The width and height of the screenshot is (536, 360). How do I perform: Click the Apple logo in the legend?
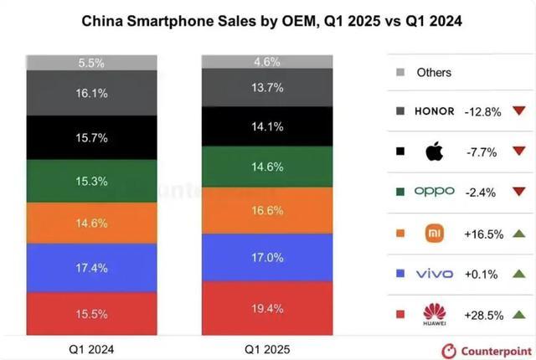coord(434,152)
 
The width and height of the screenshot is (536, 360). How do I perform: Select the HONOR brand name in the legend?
coord(435,111)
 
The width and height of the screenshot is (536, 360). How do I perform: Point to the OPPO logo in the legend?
coord(435,191)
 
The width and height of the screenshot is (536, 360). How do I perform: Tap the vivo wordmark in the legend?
coord(435,273)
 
